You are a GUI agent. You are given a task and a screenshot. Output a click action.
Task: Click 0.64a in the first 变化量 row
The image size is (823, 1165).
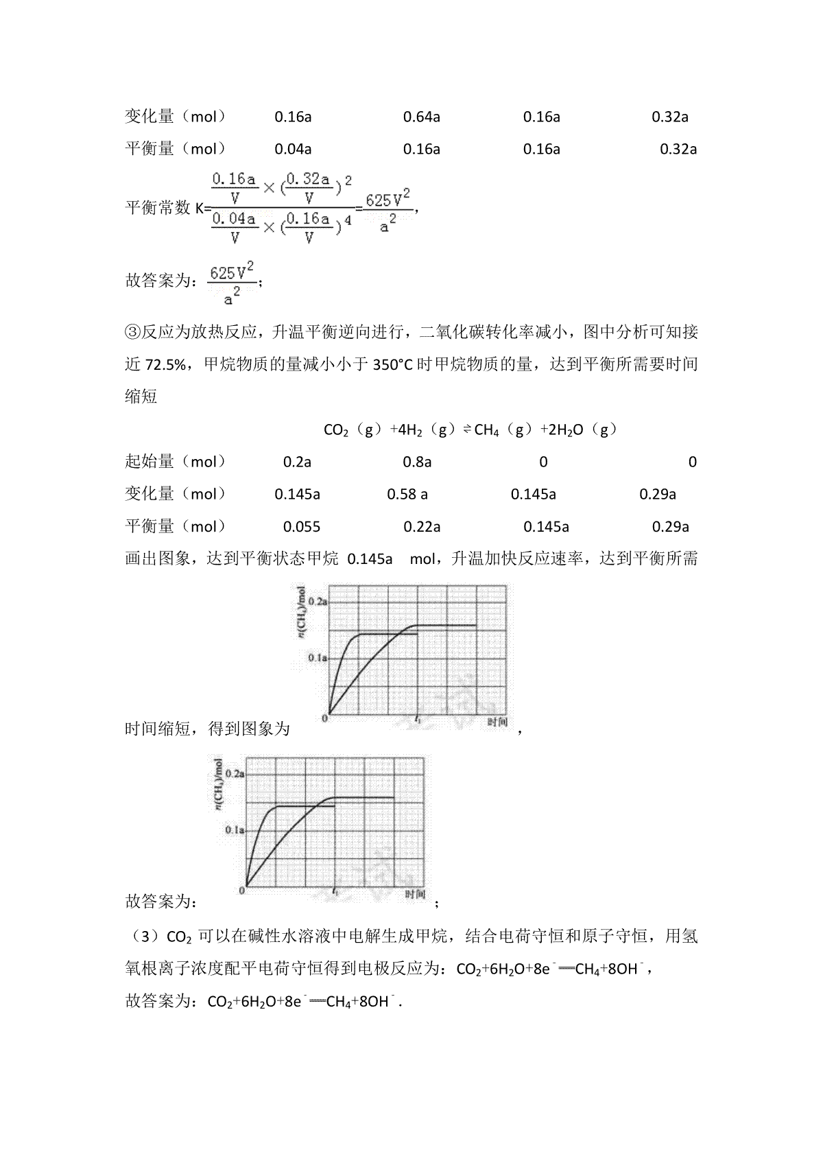click(x=421, y=117)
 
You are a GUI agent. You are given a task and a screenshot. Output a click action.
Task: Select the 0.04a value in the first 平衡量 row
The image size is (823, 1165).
click(x=293, y=149)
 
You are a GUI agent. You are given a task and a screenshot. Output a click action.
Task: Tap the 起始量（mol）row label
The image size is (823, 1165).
click(x=176, y=462)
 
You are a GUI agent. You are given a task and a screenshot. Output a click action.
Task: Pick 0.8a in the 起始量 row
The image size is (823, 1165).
click(x=417, y=462)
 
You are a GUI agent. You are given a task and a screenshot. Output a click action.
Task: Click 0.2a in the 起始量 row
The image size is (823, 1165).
click(x=297, y=462)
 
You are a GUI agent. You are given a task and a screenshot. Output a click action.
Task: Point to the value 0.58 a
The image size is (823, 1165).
click(x=407, y=494)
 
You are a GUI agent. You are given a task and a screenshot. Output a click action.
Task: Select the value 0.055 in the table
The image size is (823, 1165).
click(x=302, y=527)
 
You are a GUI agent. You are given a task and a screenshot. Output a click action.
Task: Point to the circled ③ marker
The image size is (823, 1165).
click(x=132, y=333)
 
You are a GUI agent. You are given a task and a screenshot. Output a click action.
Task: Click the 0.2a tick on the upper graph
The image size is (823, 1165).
click(x=318, y=601)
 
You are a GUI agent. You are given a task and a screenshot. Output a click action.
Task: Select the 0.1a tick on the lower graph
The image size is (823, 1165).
click(x=235, y=830)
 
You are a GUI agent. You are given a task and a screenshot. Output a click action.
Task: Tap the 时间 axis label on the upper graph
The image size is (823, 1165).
click(x=498, y=722)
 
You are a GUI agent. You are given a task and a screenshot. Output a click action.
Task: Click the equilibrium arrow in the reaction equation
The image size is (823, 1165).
click(x=465, y=430)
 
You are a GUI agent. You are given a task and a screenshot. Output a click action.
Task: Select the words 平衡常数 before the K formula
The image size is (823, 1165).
click(x=158, y=208)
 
